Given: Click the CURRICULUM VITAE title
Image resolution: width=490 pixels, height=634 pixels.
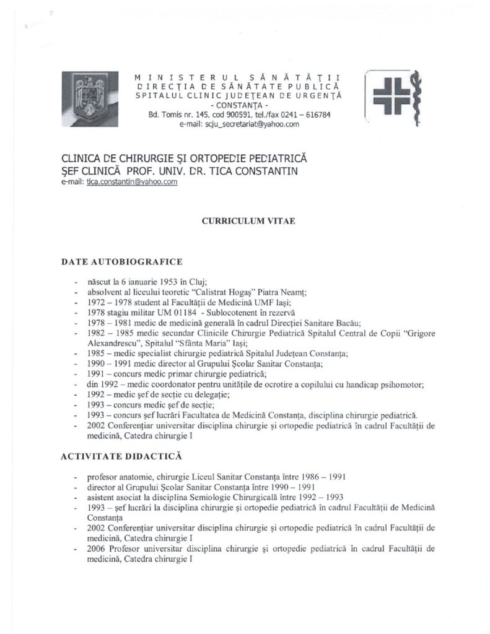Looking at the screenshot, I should click(x=244, y=220).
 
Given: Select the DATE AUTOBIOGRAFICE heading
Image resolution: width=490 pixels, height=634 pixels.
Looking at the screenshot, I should click(x=121, y=263).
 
